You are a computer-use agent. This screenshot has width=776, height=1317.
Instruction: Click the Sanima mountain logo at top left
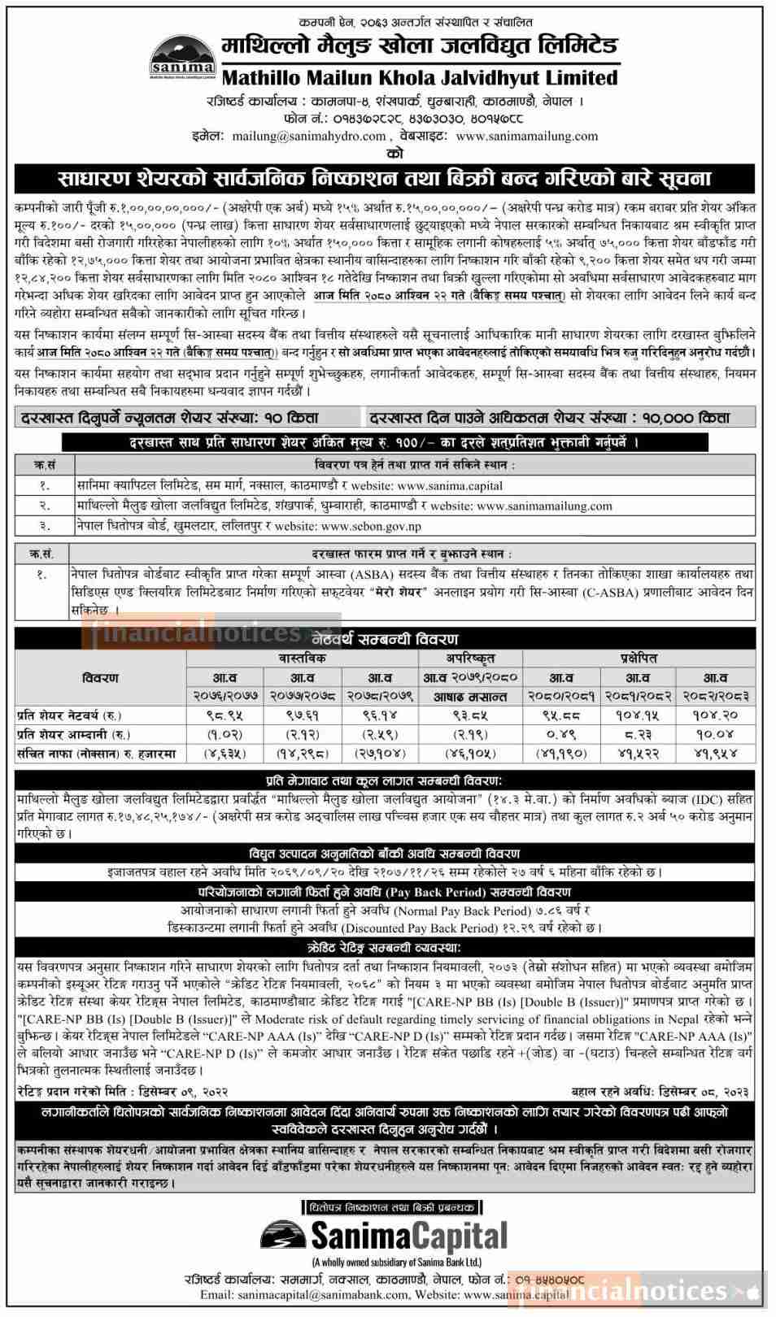(183, 56)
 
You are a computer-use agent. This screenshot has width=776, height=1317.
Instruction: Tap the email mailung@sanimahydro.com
(309, 136)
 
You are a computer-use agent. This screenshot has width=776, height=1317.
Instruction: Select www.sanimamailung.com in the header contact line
(527, 136)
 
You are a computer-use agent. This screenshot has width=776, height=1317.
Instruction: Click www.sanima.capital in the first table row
(450, 485)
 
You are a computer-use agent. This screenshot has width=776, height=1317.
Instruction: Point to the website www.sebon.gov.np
(371, 526)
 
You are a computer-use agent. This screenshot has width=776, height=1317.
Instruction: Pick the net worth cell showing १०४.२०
(715, 715)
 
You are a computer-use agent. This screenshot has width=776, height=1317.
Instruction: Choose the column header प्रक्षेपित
(637, 658)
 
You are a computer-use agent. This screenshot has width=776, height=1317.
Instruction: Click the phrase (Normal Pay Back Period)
(461, 911)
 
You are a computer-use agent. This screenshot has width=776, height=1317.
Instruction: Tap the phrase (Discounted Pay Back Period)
(432, 928)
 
